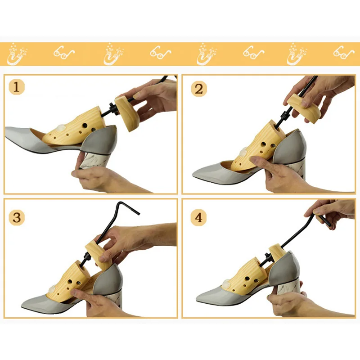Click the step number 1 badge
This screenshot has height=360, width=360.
click(16, 87)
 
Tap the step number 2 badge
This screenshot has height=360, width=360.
click(199, 89)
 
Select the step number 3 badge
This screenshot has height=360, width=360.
click(17, 217)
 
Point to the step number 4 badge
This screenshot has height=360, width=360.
click(198, 217)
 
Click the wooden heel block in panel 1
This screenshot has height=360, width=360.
click(127, 114)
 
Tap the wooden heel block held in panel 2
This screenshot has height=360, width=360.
click(303, 108)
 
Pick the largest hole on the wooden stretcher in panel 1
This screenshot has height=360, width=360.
click(85, 126)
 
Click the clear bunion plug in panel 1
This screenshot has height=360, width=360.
click(61, 127)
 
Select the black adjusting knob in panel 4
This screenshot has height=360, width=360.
click(268, 256)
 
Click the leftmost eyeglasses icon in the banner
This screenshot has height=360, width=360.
click(64, 53)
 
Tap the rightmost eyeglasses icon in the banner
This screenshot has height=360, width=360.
click(344, 53)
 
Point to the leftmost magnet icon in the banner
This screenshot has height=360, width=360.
click(17, 54)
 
